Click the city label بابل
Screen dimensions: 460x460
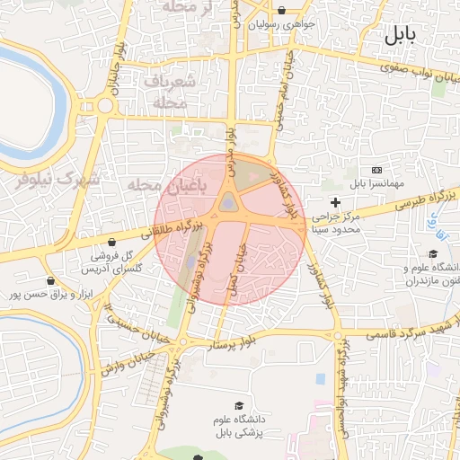point(400,37)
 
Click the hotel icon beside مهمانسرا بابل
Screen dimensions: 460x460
point(376,169)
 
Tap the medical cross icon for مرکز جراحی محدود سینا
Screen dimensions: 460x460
point(336,202)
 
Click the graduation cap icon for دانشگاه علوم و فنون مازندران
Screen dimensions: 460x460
point(433,254)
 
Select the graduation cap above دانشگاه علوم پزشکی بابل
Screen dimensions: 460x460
point(238,406)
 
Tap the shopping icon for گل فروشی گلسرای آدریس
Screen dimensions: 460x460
point(111,242)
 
